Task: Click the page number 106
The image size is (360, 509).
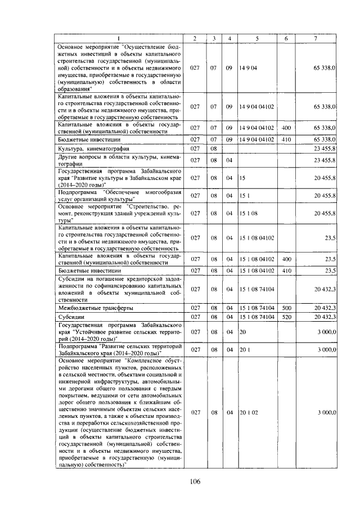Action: tap(195, 480)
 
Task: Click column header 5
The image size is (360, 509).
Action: tap(256, 38)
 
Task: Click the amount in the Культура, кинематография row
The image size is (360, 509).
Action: tap(325, 149)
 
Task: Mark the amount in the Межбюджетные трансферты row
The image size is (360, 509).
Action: tap(325, 308)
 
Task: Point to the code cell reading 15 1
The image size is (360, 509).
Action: tap(245, 195)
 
